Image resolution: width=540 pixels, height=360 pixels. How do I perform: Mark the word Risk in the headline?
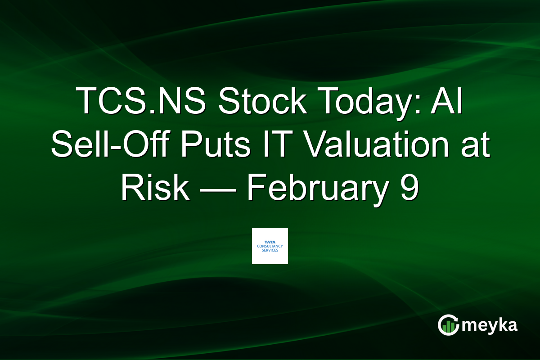click(154, 189)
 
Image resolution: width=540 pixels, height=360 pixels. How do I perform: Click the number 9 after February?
click(409, 189)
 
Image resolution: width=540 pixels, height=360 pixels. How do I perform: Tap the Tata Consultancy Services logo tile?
click(270, 246)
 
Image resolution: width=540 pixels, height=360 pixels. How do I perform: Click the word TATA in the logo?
click(270, 242)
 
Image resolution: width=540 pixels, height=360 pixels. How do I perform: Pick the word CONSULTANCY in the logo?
click(270, 246)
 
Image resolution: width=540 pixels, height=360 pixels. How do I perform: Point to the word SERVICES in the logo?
click(270, 250)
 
